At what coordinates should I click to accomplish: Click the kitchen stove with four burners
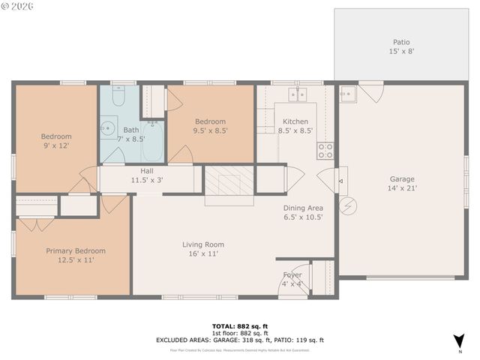tap(325, 150)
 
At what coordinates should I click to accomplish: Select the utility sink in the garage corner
tap(348, 94)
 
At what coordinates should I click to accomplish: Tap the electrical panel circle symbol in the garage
tap(347, 205)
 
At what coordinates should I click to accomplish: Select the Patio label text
tap(402, 43)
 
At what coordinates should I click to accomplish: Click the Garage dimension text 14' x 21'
tap(402, 189)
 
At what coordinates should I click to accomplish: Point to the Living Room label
tap(203, 244)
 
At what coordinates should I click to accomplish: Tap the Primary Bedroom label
tap(76, 250)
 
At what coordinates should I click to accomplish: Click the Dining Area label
tap(303, 208)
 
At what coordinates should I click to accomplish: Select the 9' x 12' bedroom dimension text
tap(56, 145)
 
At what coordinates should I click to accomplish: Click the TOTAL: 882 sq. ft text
tap(239, 325)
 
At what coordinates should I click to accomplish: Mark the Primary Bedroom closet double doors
tap(36, 223)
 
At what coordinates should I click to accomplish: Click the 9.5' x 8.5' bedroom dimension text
tap(211, 130)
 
